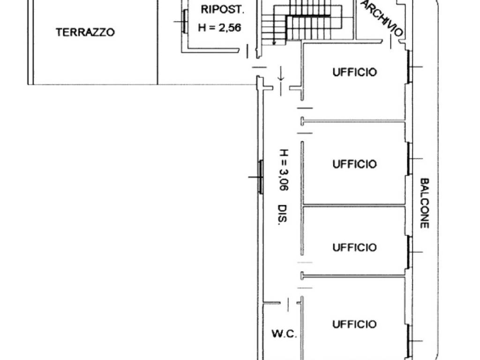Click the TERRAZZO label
tap(85, 32)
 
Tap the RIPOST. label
tap(223, 9)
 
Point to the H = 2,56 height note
tap(219, 28)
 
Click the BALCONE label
tap(424, 203)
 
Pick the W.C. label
tap(284, 333)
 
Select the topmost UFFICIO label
tap(354, 72)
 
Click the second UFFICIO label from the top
tap(354, 164)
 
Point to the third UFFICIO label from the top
tap(354, 247)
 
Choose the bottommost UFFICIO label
tap(354, 324)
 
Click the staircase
tap(301, 22)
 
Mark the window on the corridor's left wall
tap(261, 177)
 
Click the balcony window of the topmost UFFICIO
tap(409, 67)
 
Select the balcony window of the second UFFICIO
tap(409, 158)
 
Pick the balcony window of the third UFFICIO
tap(409, 252)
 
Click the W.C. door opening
tap(288, 304)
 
